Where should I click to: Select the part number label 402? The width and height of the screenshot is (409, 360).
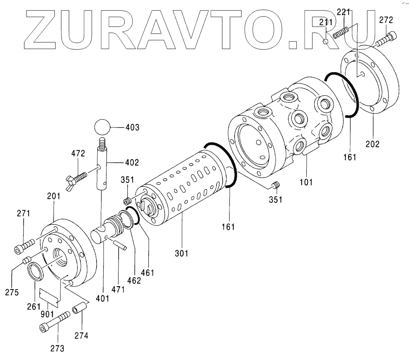(x=132, y=162)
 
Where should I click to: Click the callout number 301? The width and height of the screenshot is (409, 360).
(x=181, y=252)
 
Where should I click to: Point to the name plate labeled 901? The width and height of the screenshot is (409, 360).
(x=49, y=296)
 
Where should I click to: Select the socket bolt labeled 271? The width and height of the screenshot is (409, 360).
(x=25, y=247)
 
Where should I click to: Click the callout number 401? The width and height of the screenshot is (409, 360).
(x=102, y=297)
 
